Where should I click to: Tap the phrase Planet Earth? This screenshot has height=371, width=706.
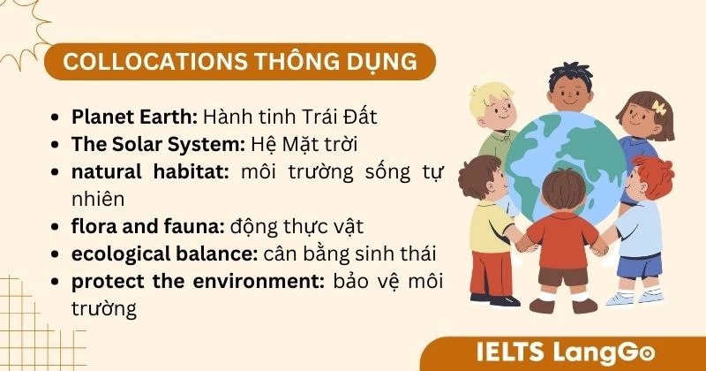click(135, 117)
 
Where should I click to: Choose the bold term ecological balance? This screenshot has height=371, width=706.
click(164, 254)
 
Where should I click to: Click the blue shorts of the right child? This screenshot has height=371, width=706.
click(639, 265)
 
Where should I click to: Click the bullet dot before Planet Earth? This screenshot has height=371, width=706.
click(57, 117)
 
